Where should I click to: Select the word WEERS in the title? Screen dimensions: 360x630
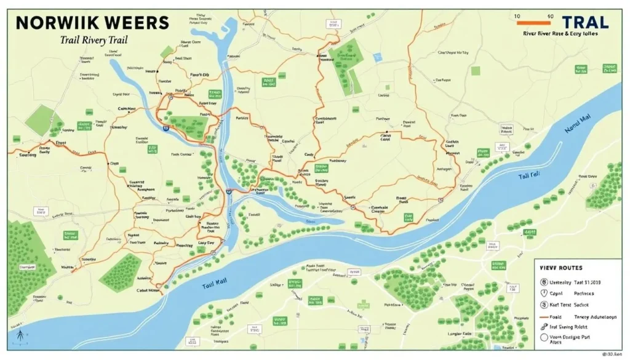pyautogui.click(x=135, y=23)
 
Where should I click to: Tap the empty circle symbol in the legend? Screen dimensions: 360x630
pyautogui.click(x=543, y=337)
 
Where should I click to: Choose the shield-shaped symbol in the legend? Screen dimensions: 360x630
pyautogui.click(x=544, y=294)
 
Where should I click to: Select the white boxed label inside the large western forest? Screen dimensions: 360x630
pyautogui.click(x=27, y=267)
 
